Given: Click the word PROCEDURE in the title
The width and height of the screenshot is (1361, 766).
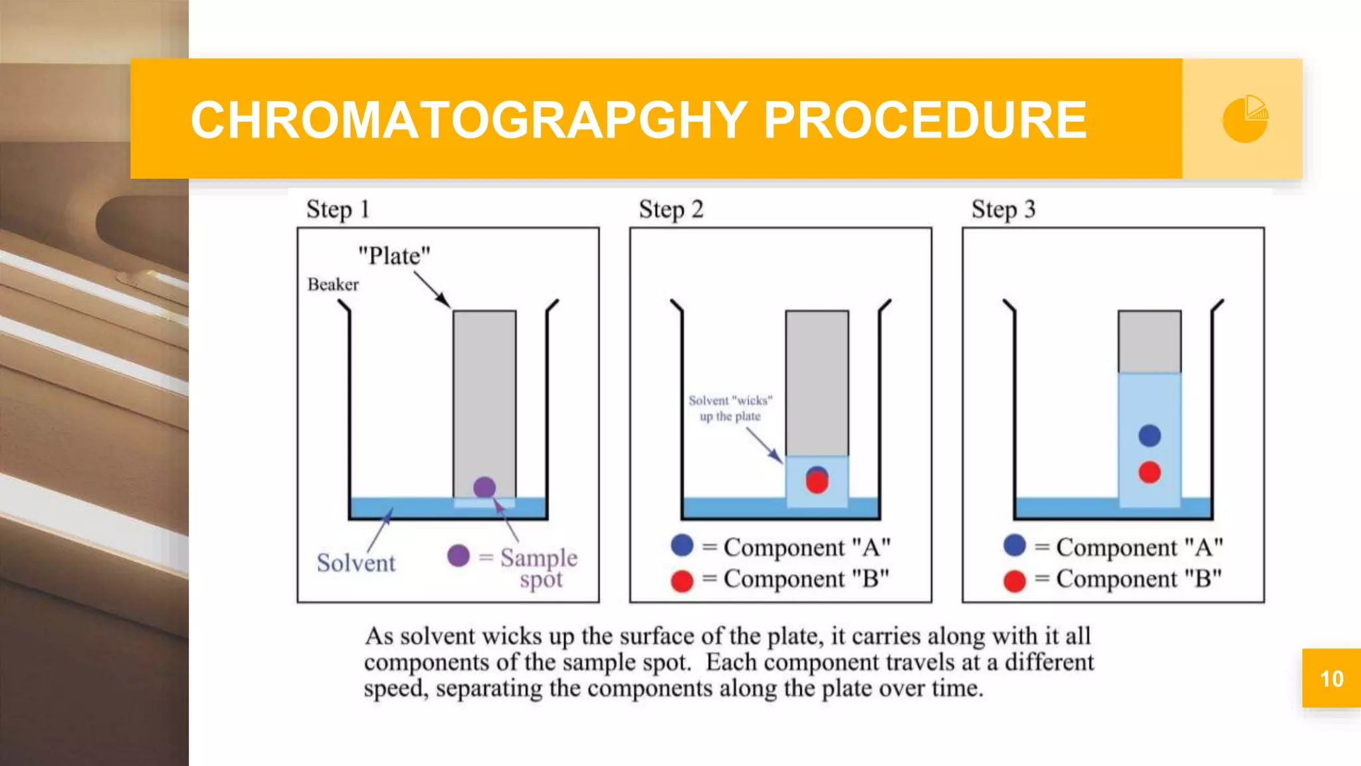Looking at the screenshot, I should (925, 120).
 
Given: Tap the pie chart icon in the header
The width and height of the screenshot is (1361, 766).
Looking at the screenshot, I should (1245, 119).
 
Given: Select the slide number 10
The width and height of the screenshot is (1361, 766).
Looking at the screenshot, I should (1331, 679).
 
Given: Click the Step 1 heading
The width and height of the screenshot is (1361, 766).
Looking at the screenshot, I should (337, 209).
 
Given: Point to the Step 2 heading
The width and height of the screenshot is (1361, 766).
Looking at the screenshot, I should (670, 209).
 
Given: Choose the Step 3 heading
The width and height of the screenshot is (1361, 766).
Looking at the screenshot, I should (1003, 209).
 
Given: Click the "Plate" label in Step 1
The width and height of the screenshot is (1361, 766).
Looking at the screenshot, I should (394, 256).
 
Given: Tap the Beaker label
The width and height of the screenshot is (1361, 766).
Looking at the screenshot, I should (333, 285).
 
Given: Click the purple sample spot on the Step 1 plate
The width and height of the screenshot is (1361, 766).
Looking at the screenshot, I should (484, 487).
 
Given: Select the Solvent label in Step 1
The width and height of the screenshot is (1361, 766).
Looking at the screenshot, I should (356, 563).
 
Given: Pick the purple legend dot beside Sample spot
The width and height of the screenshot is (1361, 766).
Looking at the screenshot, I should (459, 555).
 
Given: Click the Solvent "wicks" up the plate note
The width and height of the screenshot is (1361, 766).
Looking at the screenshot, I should (730, 408).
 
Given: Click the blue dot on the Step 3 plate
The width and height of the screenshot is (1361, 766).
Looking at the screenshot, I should (1150, 436).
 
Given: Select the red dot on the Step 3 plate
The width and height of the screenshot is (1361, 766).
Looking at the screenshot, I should (1150, 472).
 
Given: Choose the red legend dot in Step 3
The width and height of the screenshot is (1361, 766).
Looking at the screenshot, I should (1015, 580).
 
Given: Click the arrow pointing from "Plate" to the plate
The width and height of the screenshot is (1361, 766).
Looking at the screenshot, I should (432, 290).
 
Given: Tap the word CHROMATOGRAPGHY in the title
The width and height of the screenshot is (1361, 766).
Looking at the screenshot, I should (469, 120).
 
